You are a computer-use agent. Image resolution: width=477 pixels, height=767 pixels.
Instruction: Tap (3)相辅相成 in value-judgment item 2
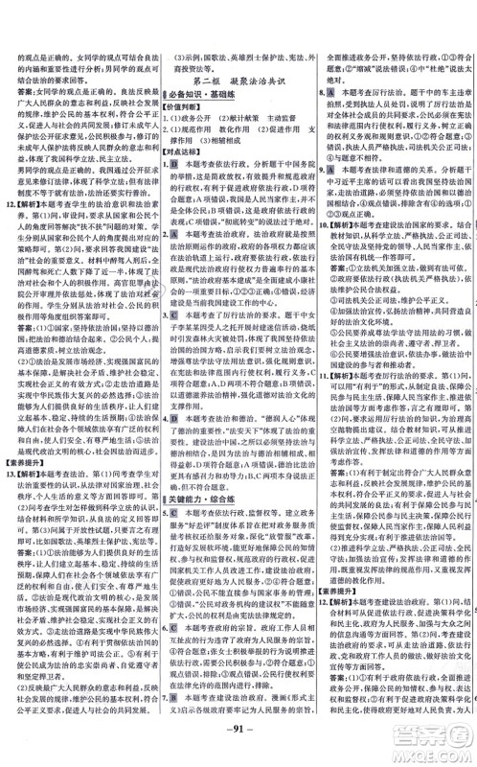pos(216,137)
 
